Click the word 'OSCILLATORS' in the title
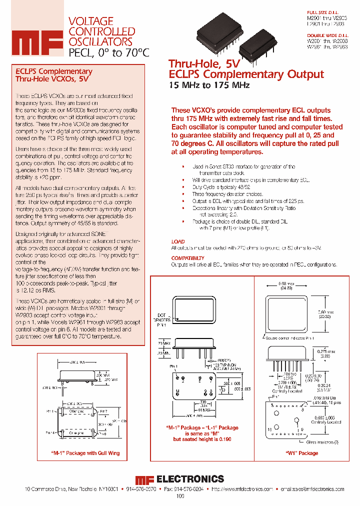[x=100, y=42]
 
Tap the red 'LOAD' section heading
[x=178, y=241]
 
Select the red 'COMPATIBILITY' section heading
[x=188, y=258]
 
